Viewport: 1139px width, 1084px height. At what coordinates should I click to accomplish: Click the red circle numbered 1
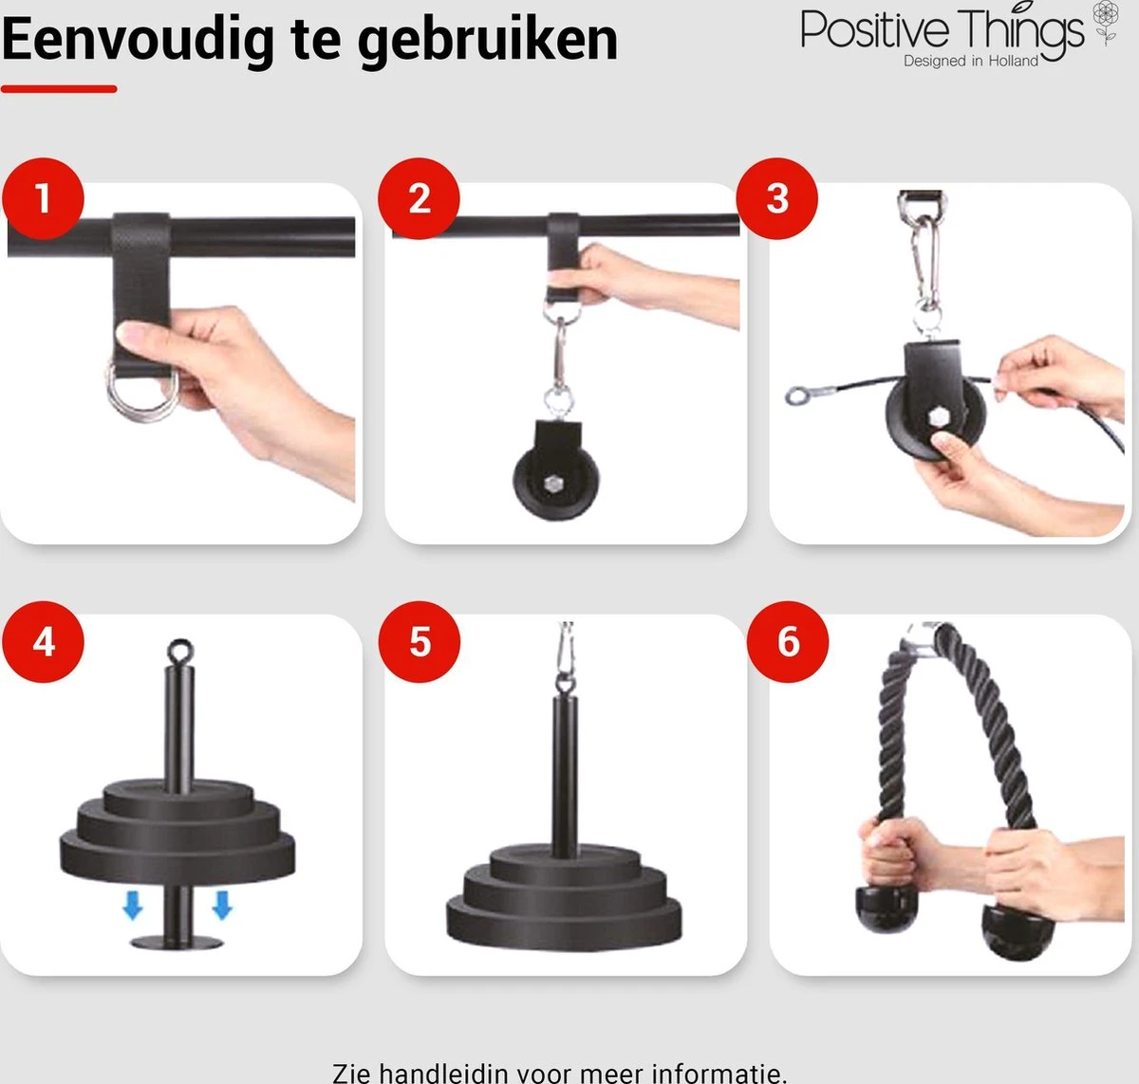click(43, 198)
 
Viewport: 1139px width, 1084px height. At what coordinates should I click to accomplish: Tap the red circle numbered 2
click(419, 198)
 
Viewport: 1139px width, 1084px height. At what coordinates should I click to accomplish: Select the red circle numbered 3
click(777, 198)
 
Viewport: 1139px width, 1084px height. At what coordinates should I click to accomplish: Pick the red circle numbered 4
click(43, 642)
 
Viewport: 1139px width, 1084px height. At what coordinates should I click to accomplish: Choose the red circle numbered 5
click(420, 642)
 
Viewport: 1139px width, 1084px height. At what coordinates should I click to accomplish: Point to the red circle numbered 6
click(788, 642)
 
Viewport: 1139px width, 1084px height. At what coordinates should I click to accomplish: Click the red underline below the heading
click(59, 89)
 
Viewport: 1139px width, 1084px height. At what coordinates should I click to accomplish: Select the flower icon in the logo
click(1106, 23)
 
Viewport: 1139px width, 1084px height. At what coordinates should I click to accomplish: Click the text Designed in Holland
click(970, 61)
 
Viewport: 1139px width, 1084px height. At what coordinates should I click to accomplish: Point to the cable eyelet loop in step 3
click(796, 396)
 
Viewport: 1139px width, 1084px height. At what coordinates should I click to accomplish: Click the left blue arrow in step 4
click(133, 905)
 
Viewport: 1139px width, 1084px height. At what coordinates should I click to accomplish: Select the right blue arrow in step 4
click(222, 905)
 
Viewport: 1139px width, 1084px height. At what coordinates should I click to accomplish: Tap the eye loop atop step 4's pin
click(179, 651)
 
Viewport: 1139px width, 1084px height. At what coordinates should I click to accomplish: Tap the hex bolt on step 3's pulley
click(937, 417)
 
